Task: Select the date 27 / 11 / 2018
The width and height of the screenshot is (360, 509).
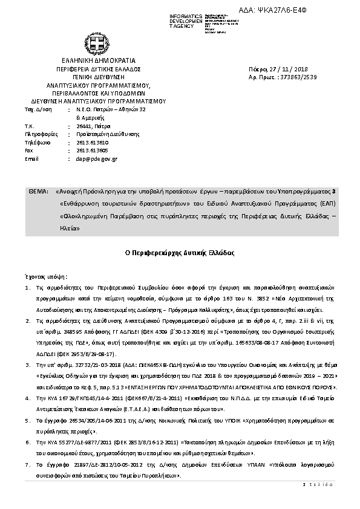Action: point(287,70)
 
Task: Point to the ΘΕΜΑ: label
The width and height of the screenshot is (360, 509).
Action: point(38,191)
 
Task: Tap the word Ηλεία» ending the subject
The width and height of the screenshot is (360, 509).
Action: point(69,229)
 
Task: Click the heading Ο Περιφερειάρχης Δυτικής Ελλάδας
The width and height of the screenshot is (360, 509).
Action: point(180,252)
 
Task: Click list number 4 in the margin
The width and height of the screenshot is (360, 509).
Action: point(27,398)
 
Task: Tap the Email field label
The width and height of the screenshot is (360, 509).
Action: point(31,158)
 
